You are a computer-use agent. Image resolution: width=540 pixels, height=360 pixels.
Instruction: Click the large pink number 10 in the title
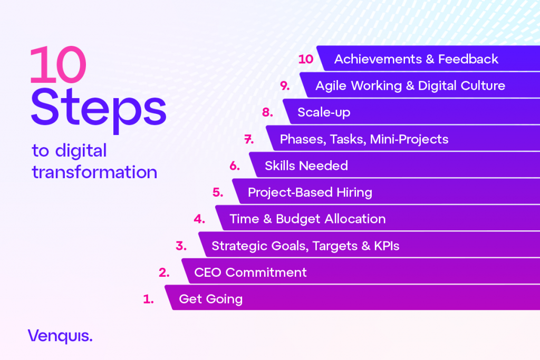click(58, 65)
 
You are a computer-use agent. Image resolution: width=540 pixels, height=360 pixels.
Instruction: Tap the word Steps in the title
click(99, 110)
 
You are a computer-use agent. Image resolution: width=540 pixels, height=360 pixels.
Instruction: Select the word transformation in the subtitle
click(94, 172)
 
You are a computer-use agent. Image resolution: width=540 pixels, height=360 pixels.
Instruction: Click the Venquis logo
click(60, 336)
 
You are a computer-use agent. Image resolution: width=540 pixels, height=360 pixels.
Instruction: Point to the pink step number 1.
click(148, 299)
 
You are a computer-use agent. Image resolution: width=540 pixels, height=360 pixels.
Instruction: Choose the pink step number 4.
click(199, 219)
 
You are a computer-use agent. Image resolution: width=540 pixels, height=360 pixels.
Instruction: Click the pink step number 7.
click(249, 139)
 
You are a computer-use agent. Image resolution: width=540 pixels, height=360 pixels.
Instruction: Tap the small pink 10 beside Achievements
click(306, 59)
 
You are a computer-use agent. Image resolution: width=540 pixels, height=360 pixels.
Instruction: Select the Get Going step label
click(211, 299)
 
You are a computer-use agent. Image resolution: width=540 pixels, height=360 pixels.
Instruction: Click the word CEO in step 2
click(208, 272)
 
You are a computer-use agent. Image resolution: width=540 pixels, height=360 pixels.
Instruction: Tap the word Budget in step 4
click(298, 219)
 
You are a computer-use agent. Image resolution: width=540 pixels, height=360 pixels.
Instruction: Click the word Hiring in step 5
click(354, 193)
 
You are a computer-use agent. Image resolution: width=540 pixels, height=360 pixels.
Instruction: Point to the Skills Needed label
click(306, 166)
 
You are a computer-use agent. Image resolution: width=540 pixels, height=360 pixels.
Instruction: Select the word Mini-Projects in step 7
click(409, 140)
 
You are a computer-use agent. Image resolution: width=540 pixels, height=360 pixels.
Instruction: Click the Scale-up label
click(324, 113)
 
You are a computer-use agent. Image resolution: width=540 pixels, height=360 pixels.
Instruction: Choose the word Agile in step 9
click(331, 86)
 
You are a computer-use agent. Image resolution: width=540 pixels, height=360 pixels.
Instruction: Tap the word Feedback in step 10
click(468, 59)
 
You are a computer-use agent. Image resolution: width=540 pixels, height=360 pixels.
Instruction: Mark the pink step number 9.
click(285, 86)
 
